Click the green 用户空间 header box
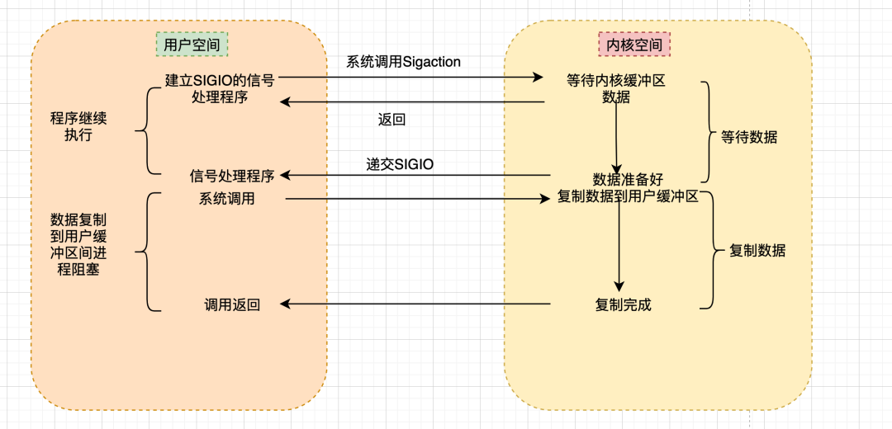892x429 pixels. click(192, 45)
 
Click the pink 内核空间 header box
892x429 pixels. click(634, 45)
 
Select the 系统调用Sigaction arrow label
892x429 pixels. click(403, 62)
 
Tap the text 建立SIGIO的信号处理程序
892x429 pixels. click(219, 88)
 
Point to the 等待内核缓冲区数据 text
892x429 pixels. click(615, 88)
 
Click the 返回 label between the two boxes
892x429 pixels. click(391, 120)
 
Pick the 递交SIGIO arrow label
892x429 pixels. click(400, 165)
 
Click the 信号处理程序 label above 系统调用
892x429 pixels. click(232, 176)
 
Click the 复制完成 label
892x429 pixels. click(624, 304)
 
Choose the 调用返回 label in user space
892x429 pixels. click(232, 304)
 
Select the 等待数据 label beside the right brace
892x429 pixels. click(748, 138)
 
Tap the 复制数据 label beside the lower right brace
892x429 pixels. click(757, 251)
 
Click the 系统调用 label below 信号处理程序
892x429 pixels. click(226, 199)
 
